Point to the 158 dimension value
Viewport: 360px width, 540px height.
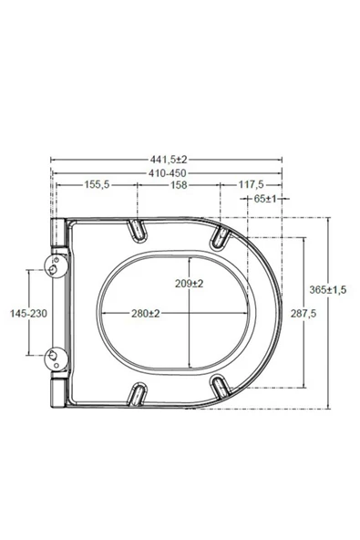(x=178, y=184)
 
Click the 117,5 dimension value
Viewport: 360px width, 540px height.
(x=252, y=184)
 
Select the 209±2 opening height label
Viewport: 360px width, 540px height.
(x=190, y=283)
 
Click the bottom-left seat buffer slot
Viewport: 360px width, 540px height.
(x=138, y=394)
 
